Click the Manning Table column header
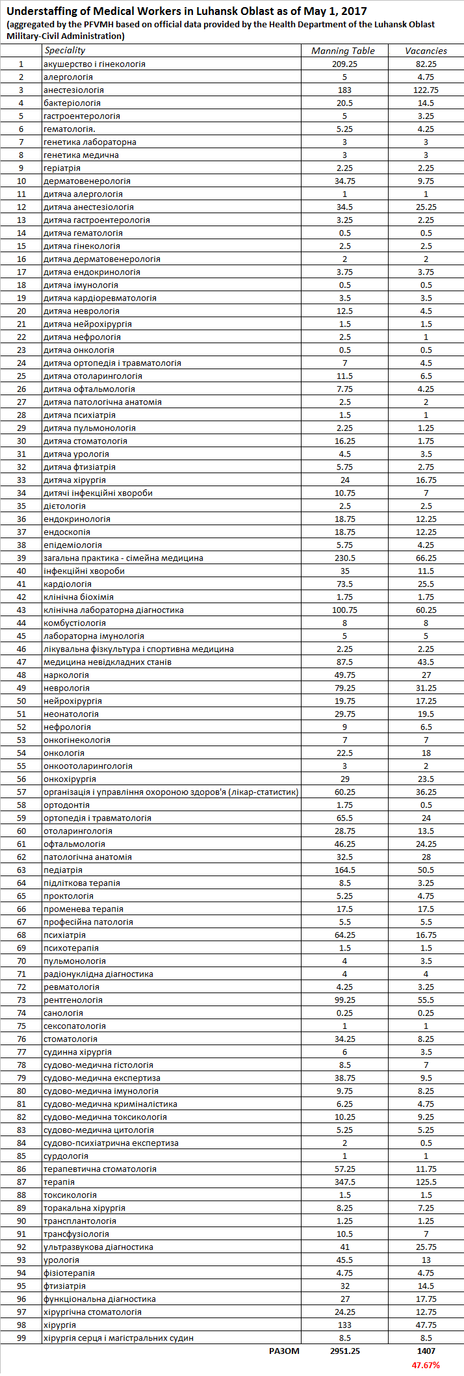(343, 51)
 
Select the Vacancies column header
(426, 51)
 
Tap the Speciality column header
(64, 50)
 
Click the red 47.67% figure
(426, 1365)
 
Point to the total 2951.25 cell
(344, 1351)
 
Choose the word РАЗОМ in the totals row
(284, 1351)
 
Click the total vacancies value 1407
(426, 1351)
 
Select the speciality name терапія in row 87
(59, 1182)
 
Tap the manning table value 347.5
(344, 1182)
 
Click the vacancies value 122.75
(426, 90)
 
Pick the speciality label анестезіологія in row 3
(73, 90)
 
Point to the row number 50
(21, 701)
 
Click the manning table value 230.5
(344, 558)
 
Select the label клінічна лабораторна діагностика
(113, 610)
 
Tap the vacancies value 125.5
(426, 1182)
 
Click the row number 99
(21, 1338)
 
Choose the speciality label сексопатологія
(74, 1026)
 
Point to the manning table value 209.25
(344, 64)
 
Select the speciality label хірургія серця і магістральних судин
(118, 1338)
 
